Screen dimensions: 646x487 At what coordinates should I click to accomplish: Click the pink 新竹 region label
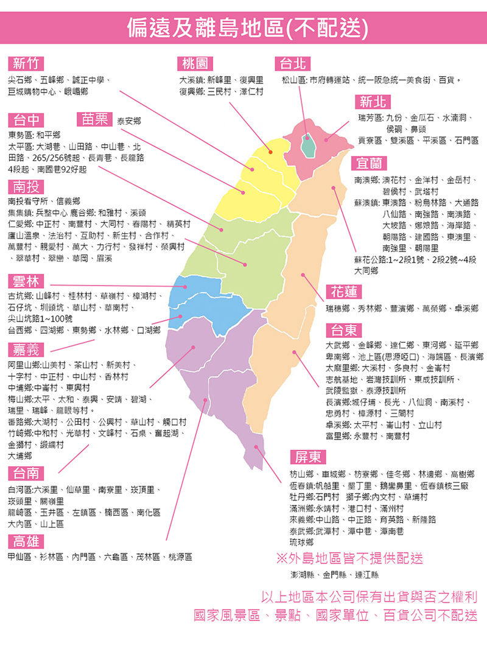26,63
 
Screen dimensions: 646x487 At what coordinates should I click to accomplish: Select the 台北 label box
292,63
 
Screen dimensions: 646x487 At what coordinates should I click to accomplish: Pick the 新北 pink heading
373,101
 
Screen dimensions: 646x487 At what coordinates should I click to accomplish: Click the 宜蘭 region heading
369,163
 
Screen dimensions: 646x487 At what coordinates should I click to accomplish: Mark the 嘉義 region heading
26,349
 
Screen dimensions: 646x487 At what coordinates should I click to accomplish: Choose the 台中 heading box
26,119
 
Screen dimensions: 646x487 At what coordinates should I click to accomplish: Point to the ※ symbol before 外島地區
281,558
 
